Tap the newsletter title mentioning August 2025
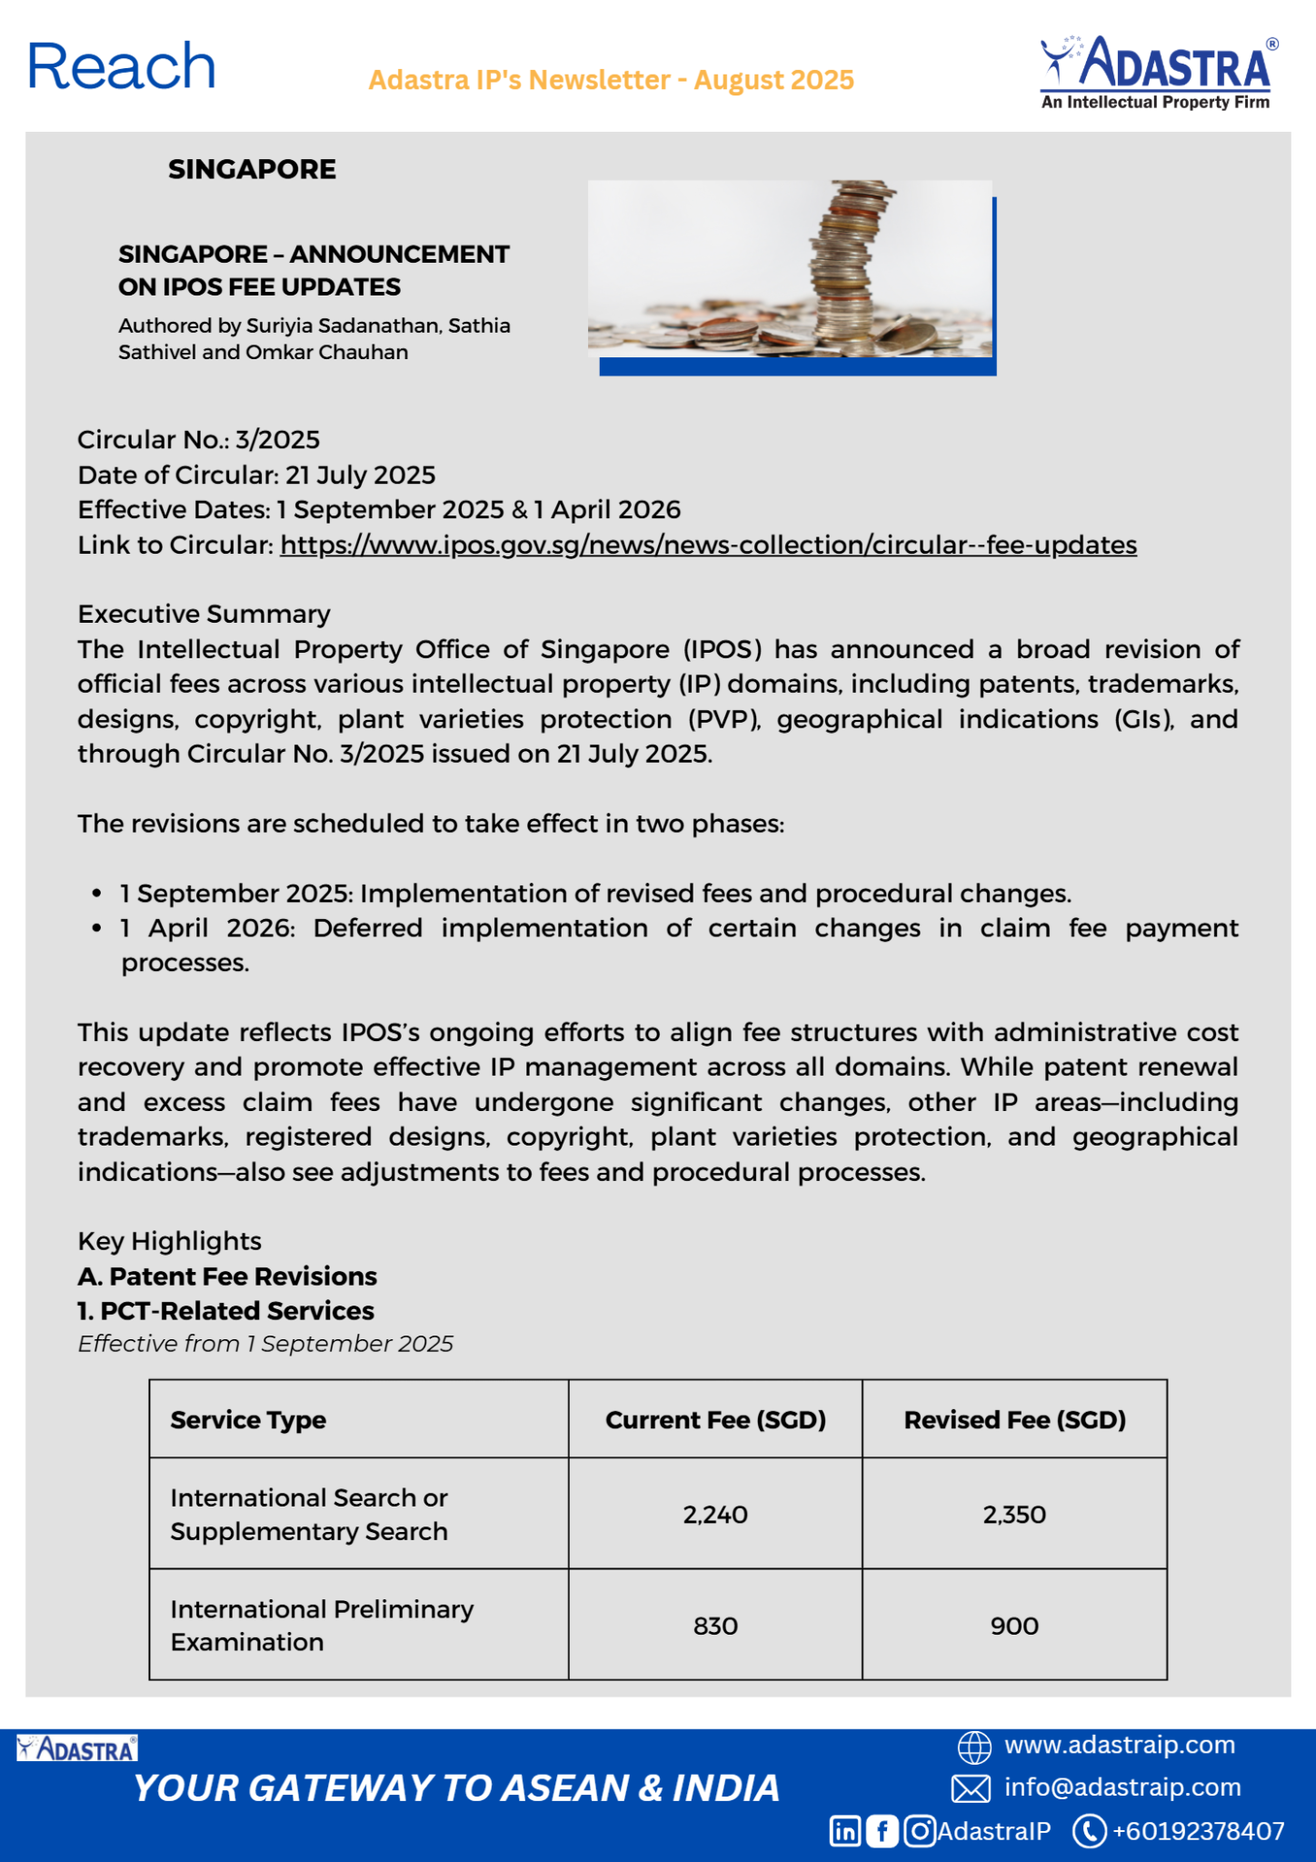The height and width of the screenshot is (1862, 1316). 611,80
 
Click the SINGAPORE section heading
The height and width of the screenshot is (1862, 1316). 252,169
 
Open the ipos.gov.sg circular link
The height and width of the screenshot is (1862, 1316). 708,545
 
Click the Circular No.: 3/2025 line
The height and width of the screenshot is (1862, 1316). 198,440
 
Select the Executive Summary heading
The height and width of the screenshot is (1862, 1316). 204,614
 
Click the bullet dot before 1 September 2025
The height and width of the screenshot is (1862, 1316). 96,894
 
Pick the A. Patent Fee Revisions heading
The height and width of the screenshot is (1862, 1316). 227,1276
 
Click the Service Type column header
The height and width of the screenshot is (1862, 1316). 248,1420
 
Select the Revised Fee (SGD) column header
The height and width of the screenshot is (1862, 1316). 1014,1420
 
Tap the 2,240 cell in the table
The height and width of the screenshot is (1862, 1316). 715,1515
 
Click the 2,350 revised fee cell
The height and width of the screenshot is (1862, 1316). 1014,1515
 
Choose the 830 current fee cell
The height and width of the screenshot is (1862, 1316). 715,1626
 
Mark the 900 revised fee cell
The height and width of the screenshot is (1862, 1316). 1014,1626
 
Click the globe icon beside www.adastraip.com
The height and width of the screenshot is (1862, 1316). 974,1747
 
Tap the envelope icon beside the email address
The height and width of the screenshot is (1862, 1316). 971,1788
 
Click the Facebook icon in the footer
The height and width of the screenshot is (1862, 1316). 882,1831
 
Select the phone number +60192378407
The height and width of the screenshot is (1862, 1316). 1198,1831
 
